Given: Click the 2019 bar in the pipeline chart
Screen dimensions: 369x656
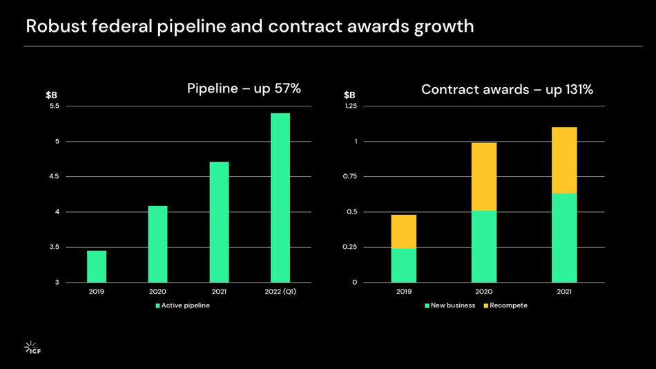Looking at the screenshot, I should pyautogui.click(x=97, y=266).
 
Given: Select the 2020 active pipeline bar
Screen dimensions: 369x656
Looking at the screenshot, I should pyautogui.click(x=157, y=244).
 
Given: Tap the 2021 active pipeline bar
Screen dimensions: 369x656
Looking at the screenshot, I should pyautogui.click(x=219, y=222).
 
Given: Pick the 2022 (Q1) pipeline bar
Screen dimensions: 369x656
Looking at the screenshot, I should pyautogui.click(x=280, y=198).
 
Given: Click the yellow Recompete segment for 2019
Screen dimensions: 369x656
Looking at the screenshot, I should pyautogui.click(x=404, y=231).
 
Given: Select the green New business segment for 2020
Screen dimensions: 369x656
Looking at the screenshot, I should pyautogui.click(x=484, y=246).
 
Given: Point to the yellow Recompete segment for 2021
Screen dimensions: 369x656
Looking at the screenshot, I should pyautogui.click(x=564, y=160).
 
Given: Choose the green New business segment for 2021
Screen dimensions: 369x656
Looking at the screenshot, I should pyautogui.click(x=564, y=238).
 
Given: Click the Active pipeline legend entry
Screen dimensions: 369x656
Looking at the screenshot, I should pyautogui.click(x=182, y=305).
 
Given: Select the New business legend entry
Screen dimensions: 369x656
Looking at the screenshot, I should pyautogui.click(x=450, y=305).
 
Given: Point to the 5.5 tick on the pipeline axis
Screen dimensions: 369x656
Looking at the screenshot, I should pyautogui.click(x=54, y=106).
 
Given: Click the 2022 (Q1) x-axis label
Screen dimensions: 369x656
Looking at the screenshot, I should pyautogui.click(x=280, y=292).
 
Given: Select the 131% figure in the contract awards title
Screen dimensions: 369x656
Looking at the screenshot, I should pyautogui.click(x=578, y=90).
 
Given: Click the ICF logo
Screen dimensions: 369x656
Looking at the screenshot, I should pyautogui.click(x=32, y=347).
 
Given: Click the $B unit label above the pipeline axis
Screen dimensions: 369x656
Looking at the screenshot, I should pyautogui.click(x=51, y=95).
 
